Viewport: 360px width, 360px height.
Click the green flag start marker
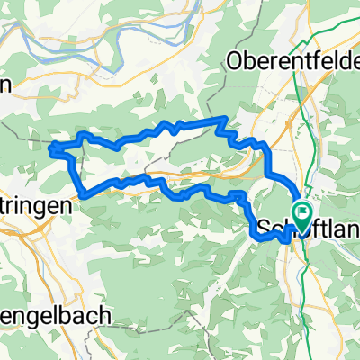pyautogui.click(x=302, y=214)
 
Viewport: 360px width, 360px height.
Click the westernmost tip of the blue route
pyautogui.click(x=49, y=146)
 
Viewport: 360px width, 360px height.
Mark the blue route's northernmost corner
pyautogui.click(x=221, y=118)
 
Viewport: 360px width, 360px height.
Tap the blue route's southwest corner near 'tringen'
pyautogui.click(x=83, y=193)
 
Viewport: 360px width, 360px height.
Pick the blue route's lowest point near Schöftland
pyautogui.click(x=286, y=241)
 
